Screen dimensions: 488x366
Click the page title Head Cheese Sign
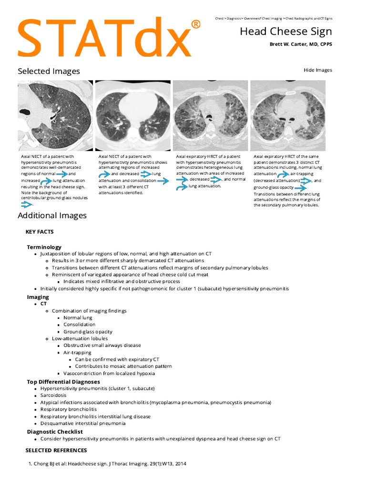(x=285, y=31)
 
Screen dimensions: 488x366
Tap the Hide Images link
(x=317, y=70)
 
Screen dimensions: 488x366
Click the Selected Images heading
(x=49, y=71)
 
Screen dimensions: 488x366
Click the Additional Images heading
(x=52, y=215)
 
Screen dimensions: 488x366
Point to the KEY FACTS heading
(x=40, y=232)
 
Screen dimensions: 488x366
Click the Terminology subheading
(x=44, y=247)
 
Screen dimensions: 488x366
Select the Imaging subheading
(x=38, y=297)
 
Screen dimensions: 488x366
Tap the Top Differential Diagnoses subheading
(x=63, y=382)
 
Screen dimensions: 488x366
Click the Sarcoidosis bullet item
(x=53, y=395)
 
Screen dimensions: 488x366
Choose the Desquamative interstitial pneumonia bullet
(x=83, y=423)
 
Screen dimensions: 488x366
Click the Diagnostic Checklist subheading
(x=55, y=432)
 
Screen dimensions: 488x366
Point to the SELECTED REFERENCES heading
(x=56, y=450)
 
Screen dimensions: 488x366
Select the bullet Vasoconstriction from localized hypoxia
(x=109, y=373)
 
